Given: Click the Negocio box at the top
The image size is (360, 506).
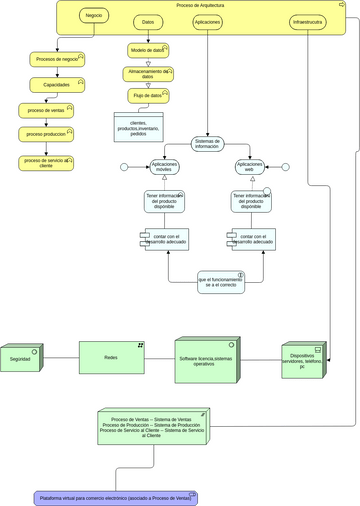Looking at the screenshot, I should (x=93, y=17).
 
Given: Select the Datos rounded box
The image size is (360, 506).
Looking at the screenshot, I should (x=149, y=21).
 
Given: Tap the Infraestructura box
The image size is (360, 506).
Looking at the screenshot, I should (x=307, y=21).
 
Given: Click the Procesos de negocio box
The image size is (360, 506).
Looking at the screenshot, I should (x=56, y=60).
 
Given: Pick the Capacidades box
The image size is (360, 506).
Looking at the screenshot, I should (x=56, y=85).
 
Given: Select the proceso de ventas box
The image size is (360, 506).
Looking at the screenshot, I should (x=46, y=110).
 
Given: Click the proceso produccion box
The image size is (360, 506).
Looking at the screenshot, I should (x=46, y=134).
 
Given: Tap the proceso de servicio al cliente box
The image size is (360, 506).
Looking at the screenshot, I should (x=46, y=162).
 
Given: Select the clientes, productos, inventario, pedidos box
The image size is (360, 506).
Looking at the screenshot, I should (x=138, y=127).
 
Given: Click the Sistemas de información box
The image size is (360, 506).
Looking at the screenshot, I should (x=207, y=144).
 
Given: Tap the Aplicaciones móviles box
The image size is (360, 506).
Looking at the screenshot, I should (x=164, y=167).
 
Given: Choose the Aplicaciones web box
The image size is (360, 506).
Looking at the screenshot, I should (x=250, y=167).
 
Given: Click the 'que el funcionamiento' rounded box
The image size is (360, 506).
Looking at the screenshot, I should (x=220, y=282).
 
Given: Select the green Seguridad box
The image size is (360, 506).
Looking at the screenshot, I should (x=21, y=358).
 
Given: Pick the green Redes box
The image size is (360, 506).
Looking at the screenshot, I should (x=112, y=357).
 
